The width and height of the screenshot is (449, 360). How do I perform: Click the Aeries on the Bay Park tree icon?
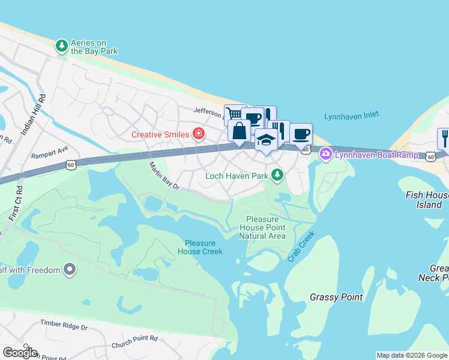point(61,46)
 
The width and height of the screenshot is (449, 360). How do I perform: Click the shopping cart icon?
point(234,113)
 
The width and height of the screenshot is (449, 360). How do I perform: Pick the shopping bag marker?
point(239,131)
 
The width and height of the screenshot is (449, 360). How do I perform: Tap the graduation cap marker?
point(266,140)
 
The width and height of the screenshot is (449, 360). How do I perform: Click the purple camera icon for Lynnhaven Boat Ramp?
point(326,154)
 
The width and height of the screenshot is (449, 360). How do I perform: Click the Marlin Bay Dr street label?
point(164,176)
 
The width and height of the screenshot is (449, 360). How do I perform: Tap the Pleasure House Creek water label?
point(200,247)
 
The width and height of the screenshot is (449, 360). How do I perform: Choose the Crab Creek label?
point(301,247)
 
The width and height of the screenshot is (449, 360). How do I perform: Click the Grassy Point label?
point(336,297)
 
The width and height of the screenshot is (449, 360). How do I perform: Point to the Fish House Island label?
point(427,200)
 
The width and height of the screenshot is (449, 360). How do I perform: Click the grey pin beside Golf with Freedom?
point(70,270)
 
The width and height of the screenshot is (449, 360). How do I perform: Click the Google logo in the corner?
point(20,353)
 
